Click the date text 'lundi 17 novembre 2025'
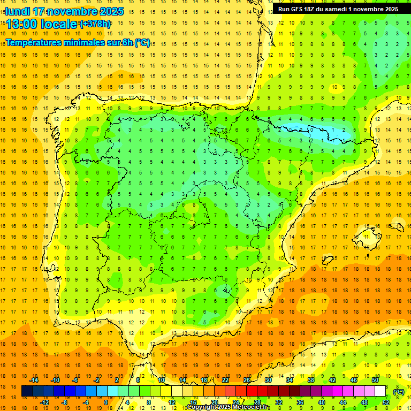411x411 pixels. coord(64,11)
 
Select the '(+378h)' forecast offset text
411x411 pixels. coord(95,24)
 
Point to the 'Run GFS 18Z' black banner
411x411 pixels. coord(338,9)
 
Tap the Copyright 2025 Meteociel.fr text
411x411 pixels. coord(228,407)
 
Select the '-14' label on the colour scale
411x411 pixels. coord(34,380)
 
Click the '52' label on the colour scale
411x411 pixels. coord(385,402)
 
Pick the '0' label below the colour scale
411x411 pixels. coord(106,402)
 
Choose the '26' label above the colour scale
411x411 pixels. coord(247,380)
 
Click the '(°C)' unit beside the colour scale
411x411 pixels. coord(399,392)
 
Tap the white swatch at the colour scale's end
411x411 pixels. coord(380,392)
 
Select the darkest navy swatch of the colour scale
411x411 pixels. coord(27,392)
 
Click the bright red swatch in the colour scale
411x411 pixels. coord(252,392)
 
